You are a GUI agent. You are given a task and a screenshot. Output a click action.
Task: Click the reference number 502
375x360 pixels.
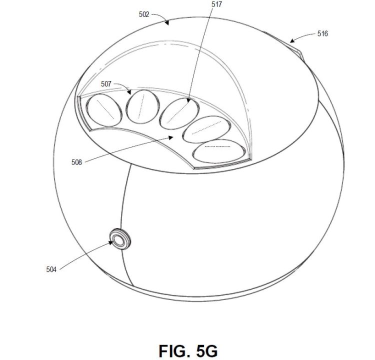pyautogui.click(x=144, y=14)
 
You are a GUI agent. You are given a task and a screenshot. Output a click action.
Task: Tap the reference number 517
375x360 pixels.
pyautogui.click(x=216, y=4)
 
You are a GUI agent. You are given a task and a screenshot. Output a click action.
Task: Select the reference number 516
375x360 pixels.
pyautogui.click(x=322, y=33)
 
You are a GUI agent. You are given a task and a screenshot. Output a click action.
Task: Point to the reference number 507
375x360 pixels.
pyautogui.click(x=106, y=84)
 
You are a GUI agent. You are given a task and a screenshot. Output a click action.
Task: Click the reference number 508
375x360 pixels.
pyautogui.click(x=76, y=162)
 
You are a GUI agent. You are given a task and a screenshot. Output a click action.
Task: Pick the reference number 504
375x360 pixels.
pyautogui.click(x=51, y=269)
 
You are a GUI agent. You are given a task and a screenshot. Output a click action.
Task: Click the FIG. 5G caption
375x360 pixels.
pyautogui.click(x=188, y=351)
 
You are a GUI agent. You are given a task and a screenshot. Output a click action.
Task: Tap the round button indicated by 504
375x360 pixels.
pyautogui.click(x=120, y=238)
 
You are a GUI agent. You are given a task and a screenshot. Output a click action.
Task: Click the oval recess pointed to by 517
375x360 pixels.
pyautogui.click(x=179, y=113)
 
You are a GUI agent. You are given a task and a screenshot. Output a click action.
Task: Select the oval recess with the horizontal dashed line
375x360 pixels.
pyautogui.click(x=219, y=151)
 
